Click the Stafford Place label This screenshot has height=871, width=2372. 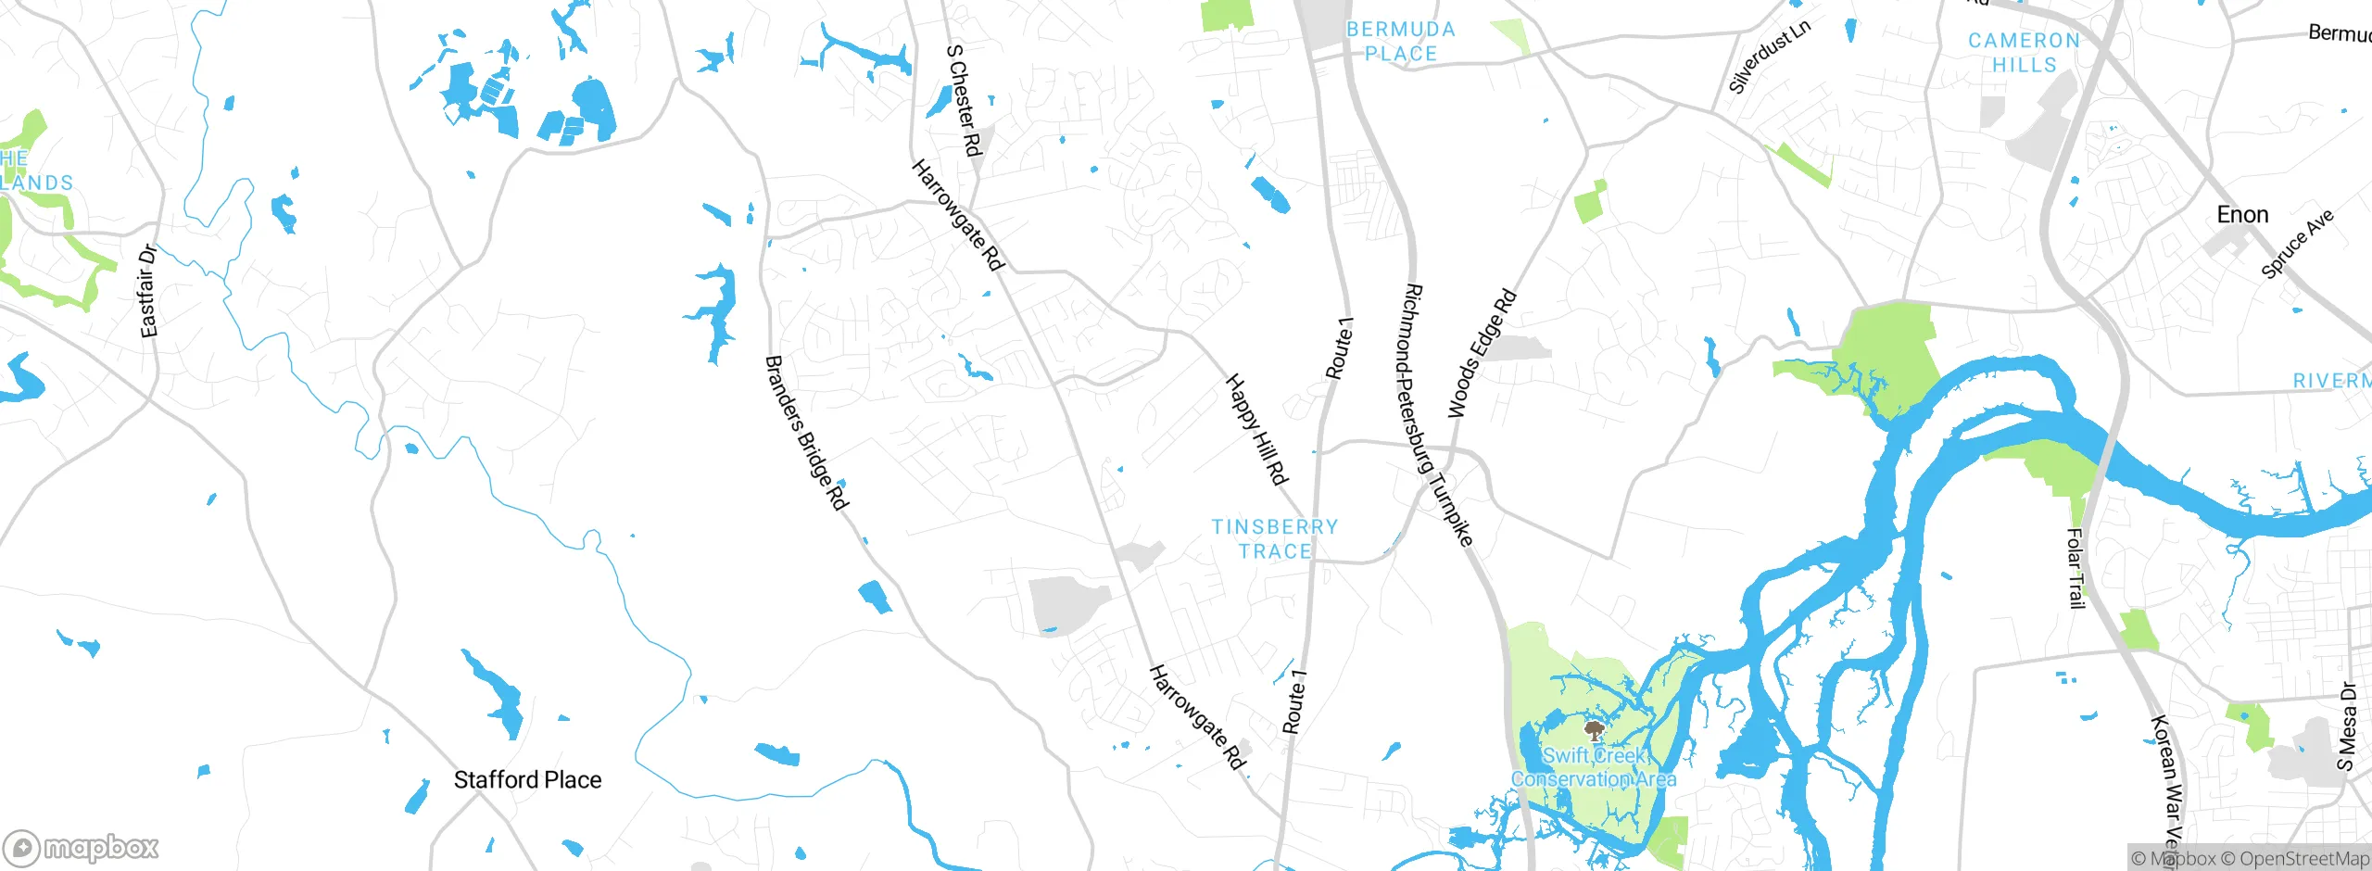click(x=527, y=780)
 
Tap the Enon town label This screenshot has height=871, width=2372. click(x=2242, y=215)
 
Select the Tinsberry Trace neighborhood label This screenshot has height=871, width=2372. click(x=1275, y=539)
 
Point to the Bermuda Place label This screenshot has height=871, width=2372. click(x=1401, y=42)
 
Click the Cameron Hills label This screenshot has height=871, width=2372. click(x=2025, y=53)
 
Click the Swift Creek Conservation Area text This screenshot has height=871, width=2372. click(x=1594, y=768)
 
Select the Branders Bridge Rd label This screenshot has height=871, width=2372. click(x=806, y=433)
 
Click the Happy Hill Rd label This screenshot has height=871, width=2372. click(x=1257, y=430)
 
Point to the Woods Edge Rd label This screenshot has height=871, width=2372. click(x=1482, y=354)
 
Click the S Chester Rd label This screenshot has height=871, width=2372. click(x=964, y=101)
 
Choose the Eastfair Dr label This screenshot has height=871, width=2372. click(x=148, y=291)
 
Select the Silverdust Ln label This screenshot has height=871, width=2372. click(x=1769, y=57)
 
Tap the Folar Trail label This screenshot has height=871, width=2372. click(x=2075, y=568)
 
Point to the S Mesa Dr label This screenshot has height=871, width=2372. click(x=2346, y=727)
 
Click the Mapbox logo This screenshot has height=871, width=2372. click(x=82, y=848)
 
